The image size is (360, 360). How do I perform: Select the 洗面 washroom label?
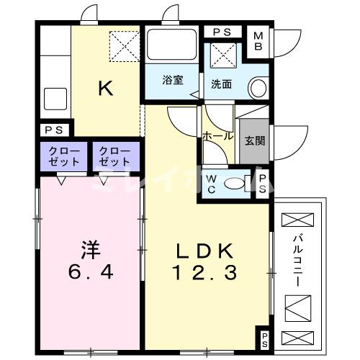coord(221,84)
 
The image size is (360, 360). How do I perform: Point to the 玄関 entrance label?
coord(253,140)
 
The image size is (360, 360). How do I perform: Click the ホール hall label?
coord(217,136)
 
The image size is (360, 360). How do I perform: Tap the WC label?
coord(212,184)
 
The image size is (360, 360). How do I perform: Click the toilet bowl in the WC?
coord(235,184)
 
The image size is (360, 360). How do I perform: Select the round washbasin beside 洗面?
coord(257,88)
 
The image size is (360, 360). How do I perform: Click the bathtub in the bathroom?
coord(172,46)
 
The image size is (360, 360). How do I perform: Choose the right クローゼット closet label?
coord(114,156)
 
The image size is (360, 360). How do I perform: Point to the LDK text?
coord(204,251)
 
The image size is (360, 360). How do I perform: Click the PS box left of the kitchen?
coord(53,130)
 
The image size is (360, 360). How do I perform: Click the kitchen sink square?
coord(55,99)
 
